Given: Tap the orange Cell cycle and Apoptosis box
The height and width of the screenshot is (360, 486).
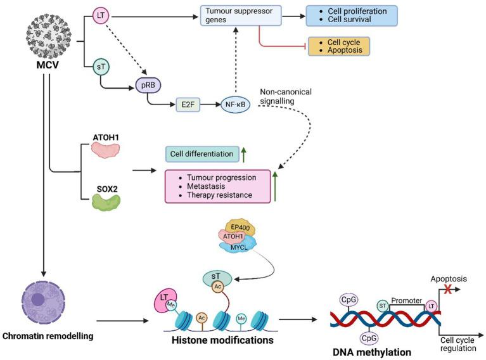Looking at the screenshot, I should click(338, 47).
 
